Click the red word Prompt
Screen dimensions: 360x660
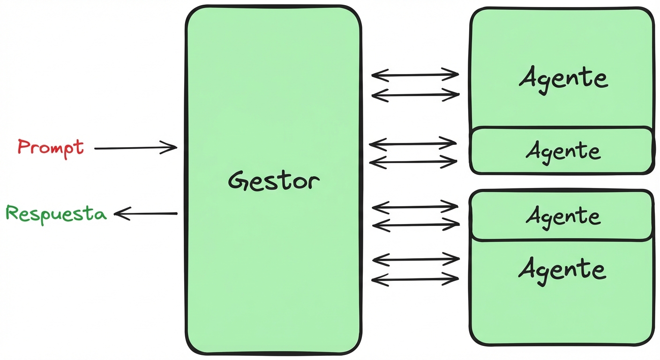click(51, 147)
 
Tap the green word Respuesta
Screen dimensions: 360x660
click(56, 214)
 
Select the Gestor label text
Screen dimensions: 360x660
click(274, 181)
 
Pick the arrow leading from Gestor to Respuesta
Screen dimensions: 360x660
click(146, 214)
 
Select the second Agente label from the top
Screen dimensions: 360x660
click(563, 151)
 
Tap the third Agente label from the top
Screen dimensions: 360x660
click(563, 216)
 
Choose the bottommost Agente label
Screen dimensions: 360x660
click(562, 270)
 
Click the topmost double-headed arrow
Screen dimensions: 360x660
click(415, 74)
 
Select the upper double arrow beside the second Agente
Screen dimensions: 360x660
click(413, 143)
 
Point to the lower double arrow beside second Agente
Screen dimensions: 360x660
click(413, 162)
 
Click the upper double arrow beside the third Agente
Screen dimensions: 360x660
click(415, 206)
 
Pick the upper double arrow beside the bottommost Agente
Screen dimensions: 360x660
click(415, 259)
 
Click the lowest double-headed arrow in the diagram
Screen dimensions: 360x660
click(415, 280)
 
